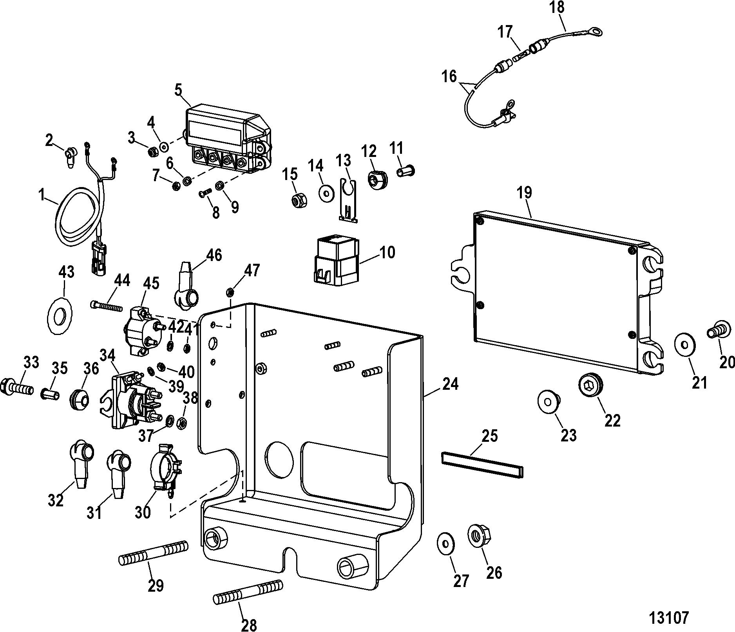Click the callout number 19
pos(525,193)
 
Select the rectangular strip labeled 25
pos(482,465)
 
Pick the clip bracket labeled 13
pos(348,200)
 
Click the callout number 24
pos(450,385)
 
